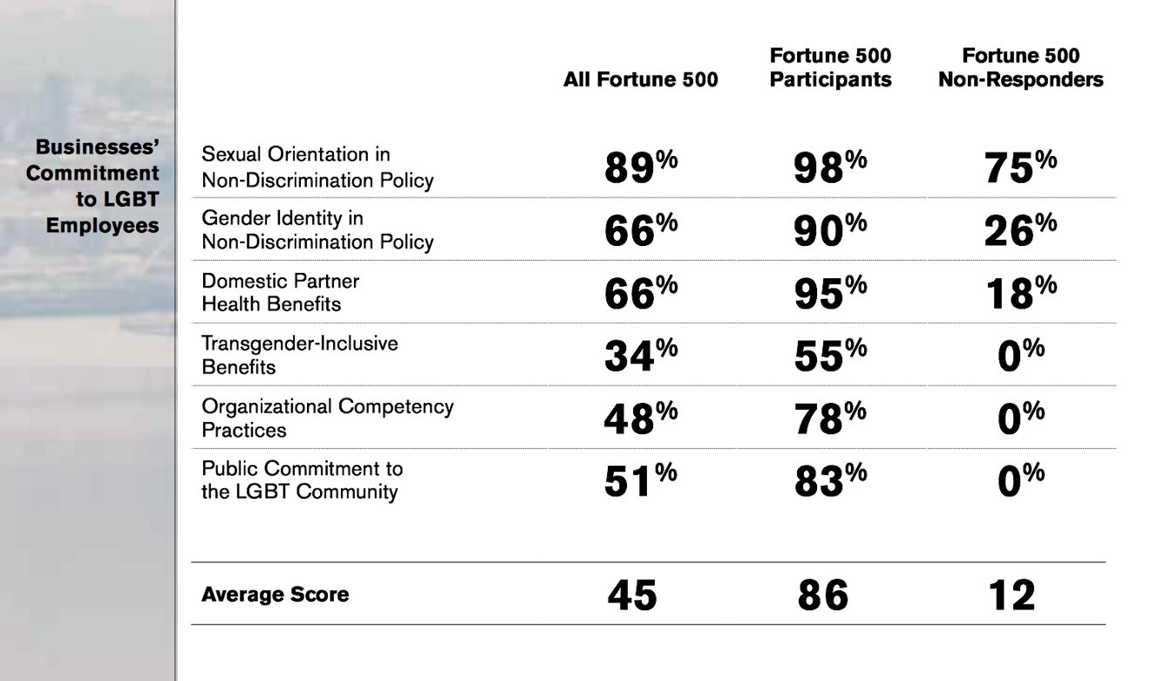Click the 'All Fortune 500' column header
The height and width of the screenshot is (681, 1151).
[640, 79]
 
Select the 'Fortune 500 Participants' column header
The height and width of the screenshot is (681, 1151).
[830, 67]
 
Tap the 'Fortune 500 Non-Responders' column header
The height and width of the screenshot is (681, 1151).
[1021, 67]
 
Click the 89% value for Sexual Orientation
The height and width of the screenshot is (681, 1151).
[641, 166]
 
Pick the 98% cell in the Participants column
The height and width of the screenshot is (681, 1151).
[830, 166]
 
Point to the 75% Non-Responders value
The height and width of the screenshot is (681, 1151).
[1020, 166]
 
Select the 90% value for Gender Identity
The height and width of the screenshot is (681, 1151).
[830, 229]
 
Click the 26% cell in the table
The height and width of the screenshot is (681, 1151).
[1020, 229]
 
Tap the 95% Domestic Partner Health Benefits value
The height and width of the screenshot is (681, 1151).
[830, 292]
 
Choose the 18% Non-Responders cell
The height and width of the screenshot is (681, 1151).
[1022, 292]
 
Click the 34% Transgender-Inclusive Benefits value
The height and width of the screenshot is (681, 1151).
[641, 355]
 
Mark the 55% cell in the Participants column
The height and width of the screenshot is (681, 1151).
[830, 355]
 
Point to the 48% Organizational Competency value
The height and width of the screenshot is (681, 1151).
[641, 418]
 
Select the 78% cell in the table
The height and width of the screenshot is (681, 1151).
[830, 418]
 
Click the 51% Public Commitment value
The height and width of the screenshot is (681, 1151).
[641, 480]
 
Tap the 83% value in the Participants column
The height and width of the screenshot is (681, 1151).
[830, 480]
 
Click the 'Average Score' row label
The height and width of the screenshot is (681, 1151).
[276, 594]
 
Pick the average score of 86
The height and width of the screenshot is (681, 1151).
[822, 595]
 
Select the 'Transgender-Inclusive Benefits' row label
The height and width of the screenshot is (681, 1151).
[300, 355]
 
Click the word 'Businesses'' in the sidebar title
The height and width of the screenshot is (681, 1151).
[97, 147]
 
